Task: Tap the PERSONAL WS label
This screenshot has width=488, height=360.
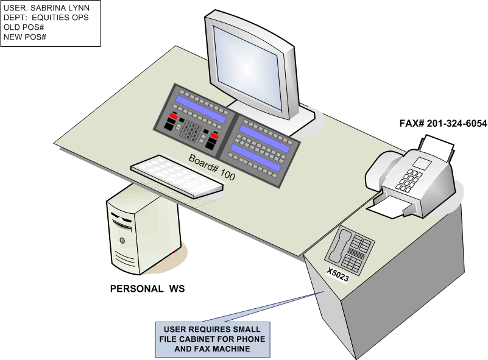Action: click(x=147, y=288)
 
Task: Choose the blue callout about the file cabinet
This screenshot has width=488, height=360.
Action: click(x=213, y=339)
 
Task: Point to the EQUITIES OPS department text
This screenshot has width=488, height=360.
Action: click(x=60, y=18)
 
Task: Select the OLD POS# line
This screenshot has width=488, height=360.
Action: click(x=26, y=28)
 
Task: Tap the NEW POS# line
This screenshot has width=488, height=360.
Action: click(x=26, y=38)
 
